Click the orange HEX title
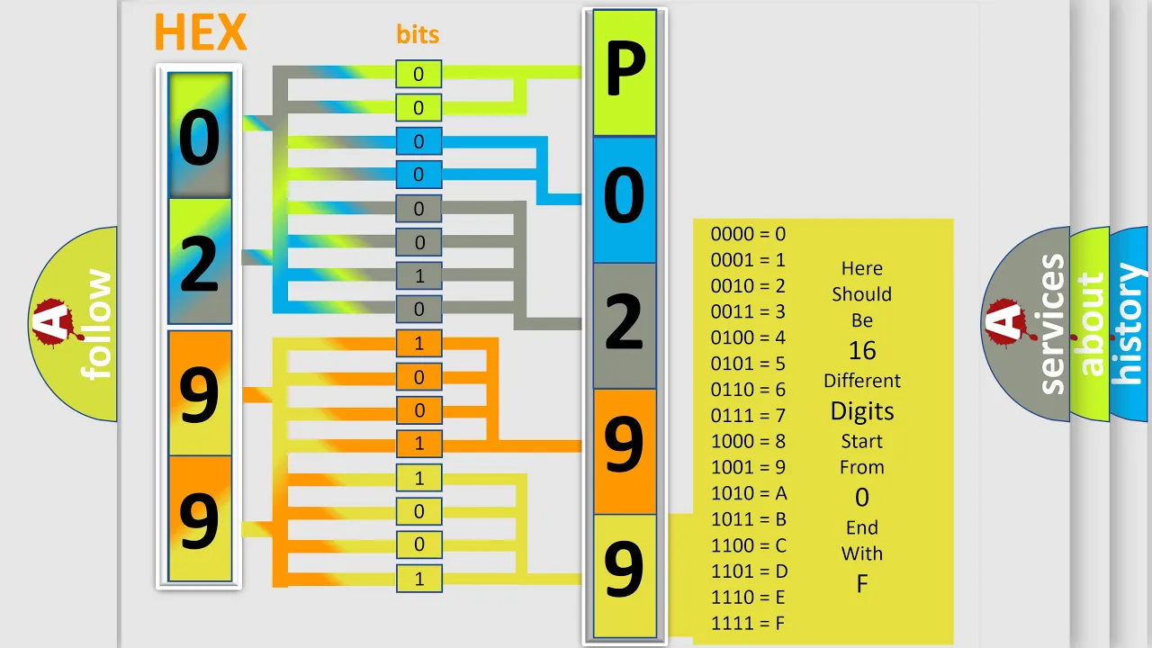click(x=201, y=32)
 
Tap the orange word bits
click(x=418, y=34)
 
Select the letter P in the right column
click(x=625, y=69)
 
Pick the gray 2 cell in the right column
click(x=625, y=326)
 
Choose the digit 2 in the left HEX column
click(x=200, y=264)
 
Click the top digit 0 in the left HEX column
click(x=200, y=138)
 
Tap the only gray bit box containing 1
click(x=419, y=276)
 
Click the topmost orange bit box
click(x=419, y=343)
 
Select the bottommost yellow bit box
click(x=419, y=579)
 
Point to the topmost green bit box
click(x=418, y=74)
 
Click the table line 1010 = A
click(x=749, y=493)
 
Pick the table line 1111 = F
click(x=748, y=624)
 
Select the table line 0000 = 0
click(x=748, y=234)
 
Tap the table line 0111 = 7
click(x=748, y=415)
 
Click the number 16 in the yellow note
click(x=862, y=351)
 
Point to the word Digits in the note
click(x=862, y=411)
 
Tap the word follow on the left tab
click(x=96, y=324)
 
